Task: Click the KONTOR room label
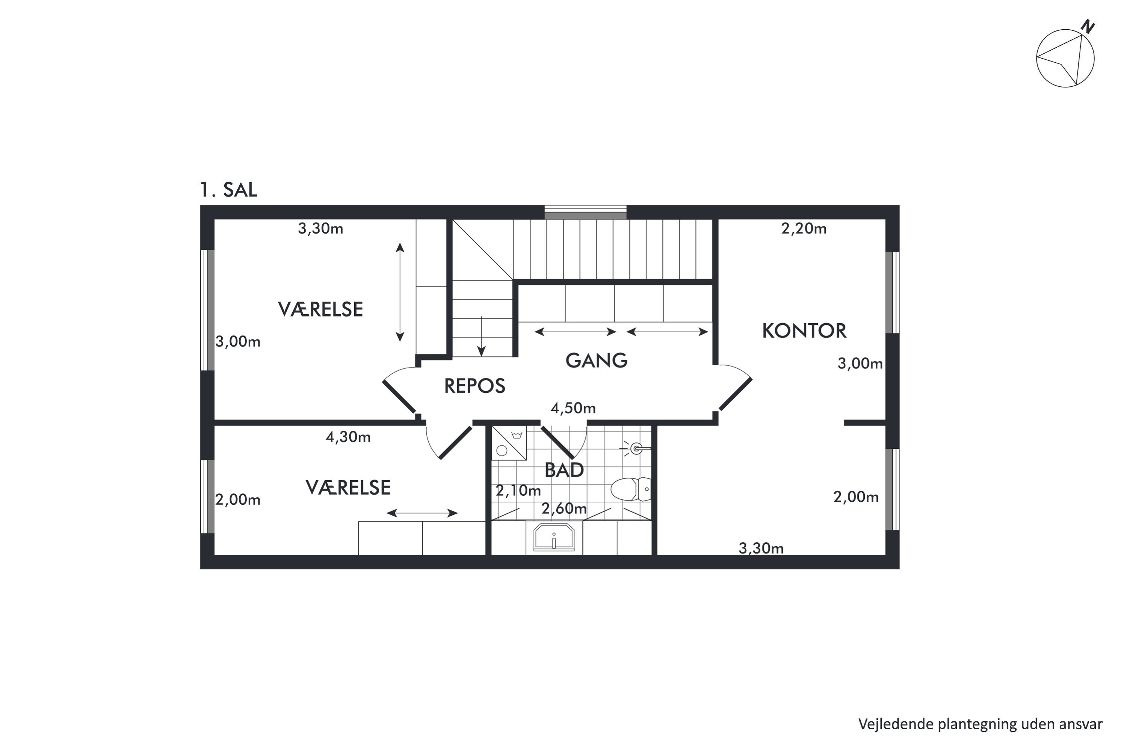[804, 331]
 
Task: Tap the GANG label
[596, 360]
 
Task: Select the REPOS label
[474, 386]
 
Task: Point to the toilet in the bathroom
[631, 489]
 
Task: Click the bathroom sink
[553, 537]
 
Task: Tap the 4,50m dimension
[573, 408]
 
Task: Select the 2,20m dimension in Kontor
[804, 228]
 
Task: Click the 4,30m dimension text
[348, 437]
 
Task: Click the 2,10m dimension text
[518, 490]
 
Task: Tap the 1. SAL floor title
[228, 190]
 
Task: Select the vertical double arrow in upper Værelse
[400, 292]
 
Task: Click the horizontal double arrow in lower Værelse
[422, 513]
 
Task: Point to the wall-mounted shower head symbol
[635, 449]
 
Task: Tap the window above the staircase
[586, 212]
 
